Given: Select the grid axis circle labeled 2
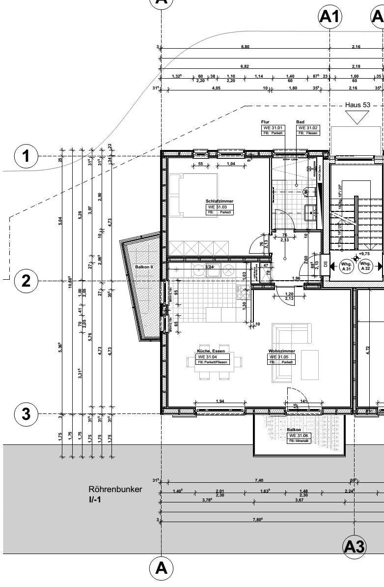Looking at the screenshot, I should tap(27, 281).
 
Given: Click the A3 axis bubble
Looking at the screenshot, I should tap(354, 546).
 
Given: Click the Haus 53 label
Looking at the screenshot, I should tap(357, 105).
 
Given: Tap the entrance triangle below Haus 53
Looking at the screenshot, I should tap(357, 117).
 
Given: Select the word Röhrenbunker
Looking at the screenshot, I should tap(115, 490).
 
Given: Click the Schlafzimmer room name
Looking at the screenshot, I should tap(219, 201).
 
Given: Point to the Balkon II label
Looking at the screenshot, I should tap(144, 267).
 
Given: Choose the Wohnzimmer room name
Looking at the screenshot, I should tap(281, 351).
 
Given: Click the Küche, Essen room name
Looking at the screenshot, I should tap(211, 351).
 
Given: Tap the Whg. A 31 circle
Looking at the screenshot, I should tap(346, 266).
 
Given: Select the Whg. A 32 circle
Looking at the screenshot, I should tap(366, 266).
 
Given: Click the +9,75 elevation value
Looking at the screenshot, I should tap(364, 254).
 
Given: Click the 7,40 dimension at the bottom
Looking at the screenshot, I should tap(259, 480).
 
